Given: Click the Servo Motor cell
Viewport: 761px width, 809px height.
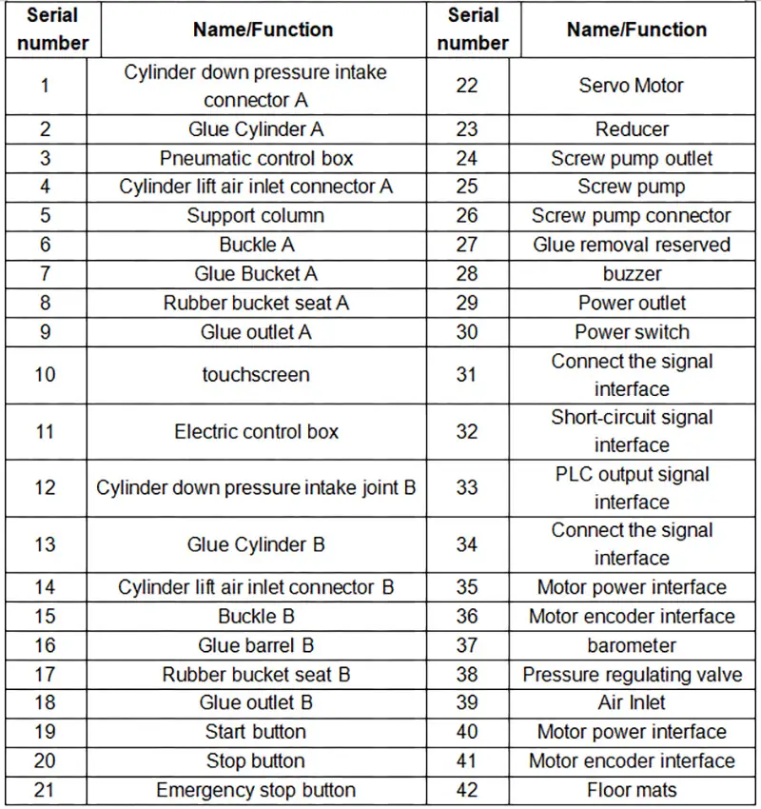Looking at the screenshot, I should [632, 86].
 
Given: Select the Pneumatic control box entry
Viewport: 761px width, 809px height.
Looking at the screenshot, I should [256, 158].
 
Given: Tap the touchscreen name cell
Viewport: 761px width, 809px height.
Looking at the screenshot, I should [256, 374].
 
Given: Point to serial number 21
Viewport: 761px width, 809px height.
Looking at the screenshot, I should [45, 790].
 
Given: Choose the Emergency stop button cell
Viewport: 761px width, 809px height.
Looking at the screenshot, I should [256, 790].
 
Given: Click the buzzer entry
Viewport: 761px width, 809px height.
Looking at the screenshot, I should [632, 274].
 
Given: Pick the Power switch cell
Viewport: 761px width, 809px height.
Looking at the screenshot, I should [632, 332].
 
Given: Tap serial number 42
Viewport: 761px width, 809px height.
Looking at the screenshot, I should [466, 790].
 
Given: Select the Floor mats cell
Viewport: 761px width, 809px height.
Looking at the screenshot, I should [632, 790].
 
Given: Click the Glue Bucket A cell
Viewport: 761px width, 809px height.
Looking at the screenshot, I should [256, 274].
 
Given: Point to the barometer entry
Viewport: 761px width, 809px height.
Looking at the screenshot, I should [632, 645].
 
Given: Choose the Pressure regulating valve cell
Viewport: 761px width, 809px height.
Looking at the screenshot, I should [632, 675].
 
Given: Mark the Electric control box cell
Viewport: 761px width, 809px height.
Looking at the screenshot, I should [256, 432].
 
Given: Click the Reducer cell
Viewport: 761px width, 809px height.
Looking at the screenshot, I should [632, 129].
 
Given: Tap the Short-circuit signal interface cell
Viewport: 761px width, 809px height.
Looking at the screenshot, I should [632, 431].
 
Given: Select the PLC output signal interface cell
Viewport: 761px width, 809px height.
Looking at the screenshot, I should [632, 488].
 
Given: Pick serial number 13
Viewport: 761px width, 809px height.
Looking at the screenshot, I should [45, 545].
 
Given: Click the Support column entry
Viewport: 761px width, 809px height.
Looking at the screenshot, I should [256, 216].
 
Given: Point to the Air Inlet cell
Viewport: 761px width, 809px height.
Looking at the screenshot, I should [632, 703].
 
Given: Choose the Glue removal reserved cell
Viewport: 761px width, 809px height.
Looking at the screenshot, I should [632, 245].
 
